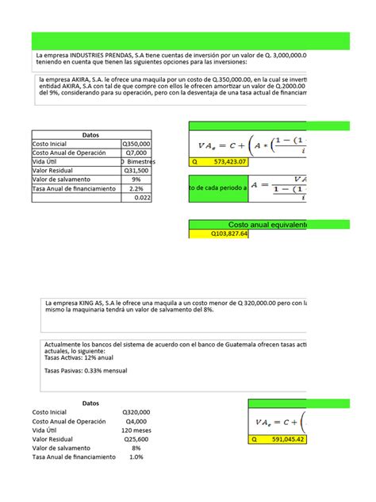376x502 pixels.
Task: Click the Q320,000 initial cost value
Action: [x=136, y=412]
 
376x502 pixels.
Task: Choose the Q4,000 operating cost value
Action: [x=138, y=423]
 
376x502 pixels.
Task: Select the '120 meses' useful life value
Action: [x=134, y=434]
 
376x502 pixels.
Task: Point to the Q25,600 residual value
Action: [x=136, y=446]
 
